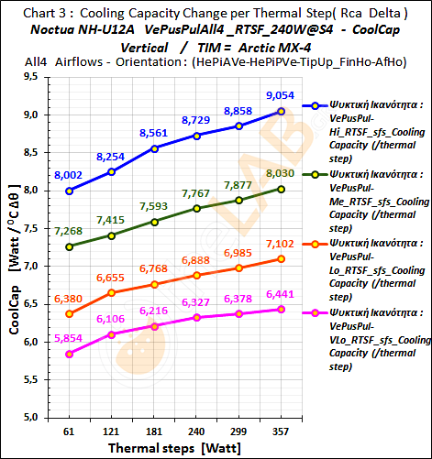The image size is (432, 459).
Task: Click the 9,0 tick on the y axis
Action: click(x=34, y=115)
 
